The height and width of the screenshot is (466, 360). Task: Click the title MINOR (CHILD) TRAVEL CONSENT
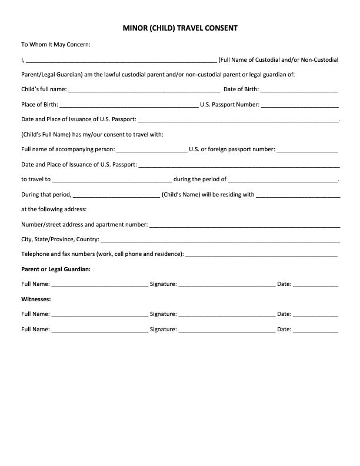[180, 28]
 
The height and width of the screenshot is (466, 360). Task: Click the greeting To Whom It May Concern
[56, 44]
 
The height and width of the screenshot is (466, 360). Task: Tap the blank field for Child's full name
[144, 91]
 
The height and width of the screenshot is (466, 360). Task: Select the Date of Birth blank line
[299, 91]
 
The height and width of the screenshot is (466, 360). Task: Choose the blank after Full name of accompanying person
[152, 150]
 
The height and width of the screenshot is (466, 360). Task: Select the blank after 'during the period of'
[283, 180]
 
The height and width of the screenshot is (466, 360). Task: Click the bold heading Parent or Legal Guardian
[56, 269]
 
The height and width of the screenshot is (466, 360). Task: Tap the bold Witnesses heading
[36, 299]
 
